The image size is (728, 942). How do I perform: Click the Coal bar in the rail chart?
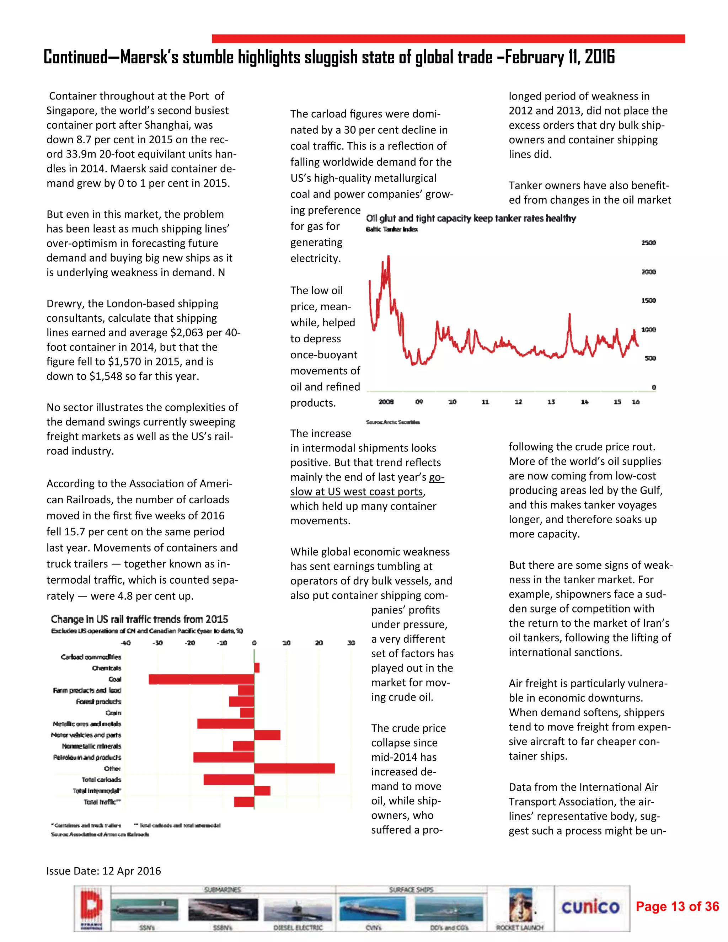[x=202, y=679]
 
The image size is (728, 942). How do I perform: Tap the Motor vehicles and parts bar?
[x=267, y=735]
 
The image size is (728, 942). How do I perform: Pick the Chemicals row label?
[x=107, y=668]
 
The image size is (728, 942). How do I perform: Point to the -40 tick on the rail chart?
[x=125, y=643]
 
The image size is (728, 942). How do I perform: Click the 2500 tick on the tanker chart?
[x=648, y=243]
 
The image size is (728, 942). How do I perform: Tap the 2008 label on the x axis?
[x=386, y=402]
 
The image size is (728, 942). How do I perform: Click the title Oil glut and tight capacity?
[x=471, y=218]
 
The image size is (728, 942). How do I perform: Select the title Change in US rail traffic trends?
[x=139, y=619]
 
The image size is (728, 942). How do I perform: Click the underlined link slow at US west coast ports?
[x=356, y=492]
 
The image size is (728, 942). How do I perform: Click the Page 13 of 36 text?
[x=677, y=907]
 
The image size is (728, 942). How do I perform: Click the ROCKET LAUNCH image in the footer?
[x=520, y=908]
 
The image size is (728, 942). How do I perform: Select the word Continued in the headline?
[x=75, y=57]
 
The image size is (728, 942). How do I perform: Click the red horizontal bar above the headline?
[x=448, y=39]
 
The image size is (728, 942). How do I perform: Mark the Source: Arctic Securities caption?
[x=392, y=422]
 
